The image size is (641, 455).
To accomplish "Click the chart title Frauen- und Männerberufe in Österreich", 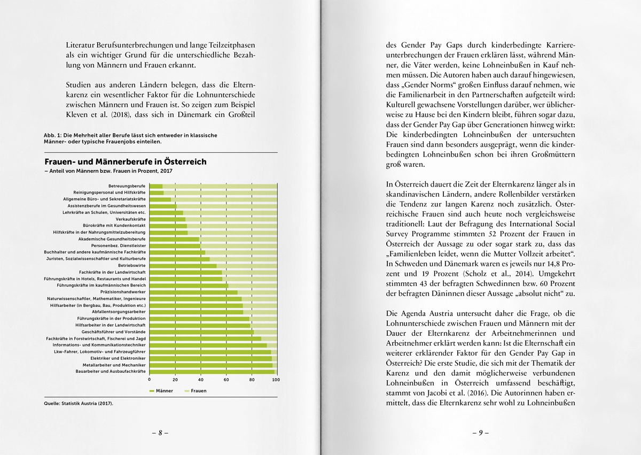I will click(x=125, y=161).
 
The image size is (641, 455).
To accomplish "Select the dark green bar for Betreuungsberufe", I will click(x=156, y=186).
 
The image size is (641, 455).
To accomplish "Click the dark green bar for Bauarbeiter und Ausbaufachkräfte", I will click(x=212, y=371).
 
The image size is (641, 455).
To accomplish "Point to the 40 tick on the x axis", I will click(x=200, y=380).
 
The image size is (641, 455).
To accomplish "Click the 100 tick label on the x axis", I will click(x=276, y=380).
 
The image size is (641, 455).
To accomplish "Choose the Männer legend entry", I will click(x=161, y=391).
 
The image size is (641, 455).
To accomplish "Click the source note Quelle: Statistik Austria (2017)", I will click(x=79, y=403).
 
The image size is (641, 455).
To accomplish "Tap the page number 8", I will click(x=160, y=433).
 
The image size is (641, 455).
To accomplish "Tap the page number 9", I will click(x=480, y=433).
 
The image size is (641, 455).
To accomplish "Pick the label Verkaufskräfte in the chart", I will click(x=131, y=219).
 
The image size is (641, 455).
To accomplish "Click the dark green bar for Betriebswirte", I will click(x=183, y=265).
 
